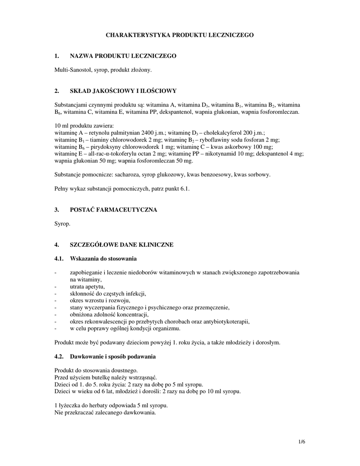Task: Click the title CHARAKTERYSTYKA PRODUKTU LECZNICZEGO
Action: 180,35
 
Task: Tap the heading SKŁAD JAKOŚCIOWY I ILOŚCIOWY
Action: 123,91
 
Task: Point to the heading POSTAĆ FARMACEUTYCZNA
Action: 113,210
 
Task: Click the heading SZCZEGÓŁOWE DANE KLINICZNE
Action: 122,245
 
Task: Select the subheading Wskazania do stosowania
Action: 103,259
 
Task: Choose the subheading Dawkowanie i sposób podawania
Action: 113,357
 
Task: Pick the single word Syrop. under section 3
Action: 62,224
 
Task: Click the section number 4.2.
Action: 59,357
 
